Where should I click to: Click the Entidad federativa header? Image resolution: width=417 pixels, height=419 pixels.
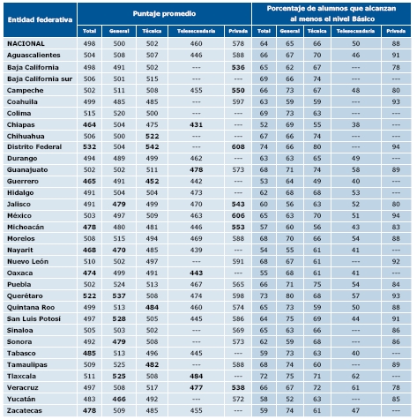[40, 19]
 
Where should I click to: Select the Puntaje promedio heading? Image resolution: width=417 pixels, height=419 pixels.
[164, 13]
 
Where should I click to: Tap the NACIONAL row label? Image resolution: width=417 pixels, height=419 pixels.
[26, 43]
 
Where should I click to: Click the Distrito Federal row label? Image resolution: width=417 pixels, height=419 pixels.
[34, 146]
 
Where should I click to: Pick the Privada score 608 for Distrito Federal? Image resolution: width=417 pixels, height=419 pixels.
[238, 146]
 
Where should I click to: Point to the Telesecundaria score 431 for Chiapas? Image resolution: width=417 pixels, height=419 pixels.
[196, 124]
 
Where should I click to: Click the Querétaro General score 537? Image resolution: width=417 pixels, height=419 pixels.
[119, 296]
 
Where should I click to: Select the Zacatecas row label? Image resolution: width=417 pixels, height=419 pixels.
[25, 410]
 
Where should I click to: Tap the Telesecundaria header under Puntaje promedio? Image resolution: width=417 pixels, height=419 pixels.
[196, 31]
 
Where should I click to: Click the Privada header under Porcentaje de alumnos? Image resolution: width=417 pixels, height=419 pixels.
[396, 31]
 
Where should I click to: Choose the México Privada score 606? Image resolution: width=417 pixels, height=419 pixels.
[238, 215]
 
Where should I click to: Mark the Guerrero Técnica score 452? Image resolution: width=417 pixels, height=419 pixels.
[152, 181]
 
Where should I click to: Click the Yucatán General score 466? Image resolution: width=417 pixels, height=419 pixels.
[119, 399]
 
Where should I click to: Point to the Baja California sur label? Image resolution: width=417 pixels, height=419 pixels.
[40, 79]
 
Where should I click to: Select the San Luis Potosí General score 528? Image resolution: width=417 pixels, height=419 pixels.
[119, 318]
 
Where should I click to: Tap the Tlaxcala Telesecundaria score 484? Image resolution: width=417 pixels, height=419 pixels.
[196, 376]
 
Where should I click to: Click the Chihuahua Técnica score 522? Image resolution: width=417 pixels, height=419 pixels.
[152, 136]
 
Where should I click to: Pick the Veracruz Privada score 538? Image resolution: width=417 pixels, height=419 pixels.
[238, 387]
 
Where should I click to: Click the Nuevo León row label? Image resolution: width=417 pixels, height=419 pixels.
[27, 261]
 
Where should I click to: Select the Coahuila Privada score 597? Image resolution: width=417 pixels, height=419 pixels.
[238, 101]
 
